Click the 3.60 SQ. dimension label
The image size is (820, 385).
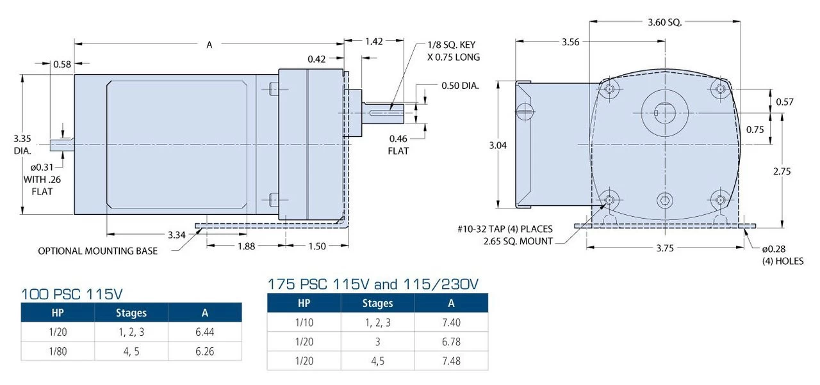pyautogui.click(x=664, y=22)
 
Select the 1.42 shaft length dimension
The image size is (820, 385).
pyautogui.click(x=374, y=42)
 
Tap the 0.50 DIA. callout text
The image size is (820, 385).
pyautogui.click(x=460, y=86)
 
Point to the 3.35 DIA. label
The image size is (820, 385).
pyautogui.click(x=22, y=145)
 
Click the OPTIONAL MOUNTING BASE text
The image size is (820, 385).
pyautogui.click(x=97, y=251)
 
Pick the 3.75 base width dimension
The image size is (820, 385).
pyautogui.click(x=664, y=249)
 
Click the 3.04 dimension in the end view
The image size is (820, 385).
pyautogui.click(x=497, y=145)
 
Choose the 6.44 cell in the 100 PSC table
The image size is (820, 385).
pyautogui.click(x=204, y=333)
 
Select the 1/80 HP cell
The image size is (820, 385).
pyautogui.click(x=57, y=351)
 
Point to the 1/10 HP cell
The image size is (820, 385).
pyautogui.click(x=303, y=322)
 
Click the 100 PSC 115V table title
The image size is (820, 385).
pyautogui.click(x=72, y=295)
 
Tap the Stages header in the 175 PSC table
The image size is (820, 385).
pyautogui.click(x=377, y=303)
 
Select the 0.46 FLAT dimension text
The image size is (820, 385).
pyautogui.click(x=398, y=145)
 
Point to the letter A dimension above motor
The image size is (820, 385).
pyautogui.click(x=209, y=45)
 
